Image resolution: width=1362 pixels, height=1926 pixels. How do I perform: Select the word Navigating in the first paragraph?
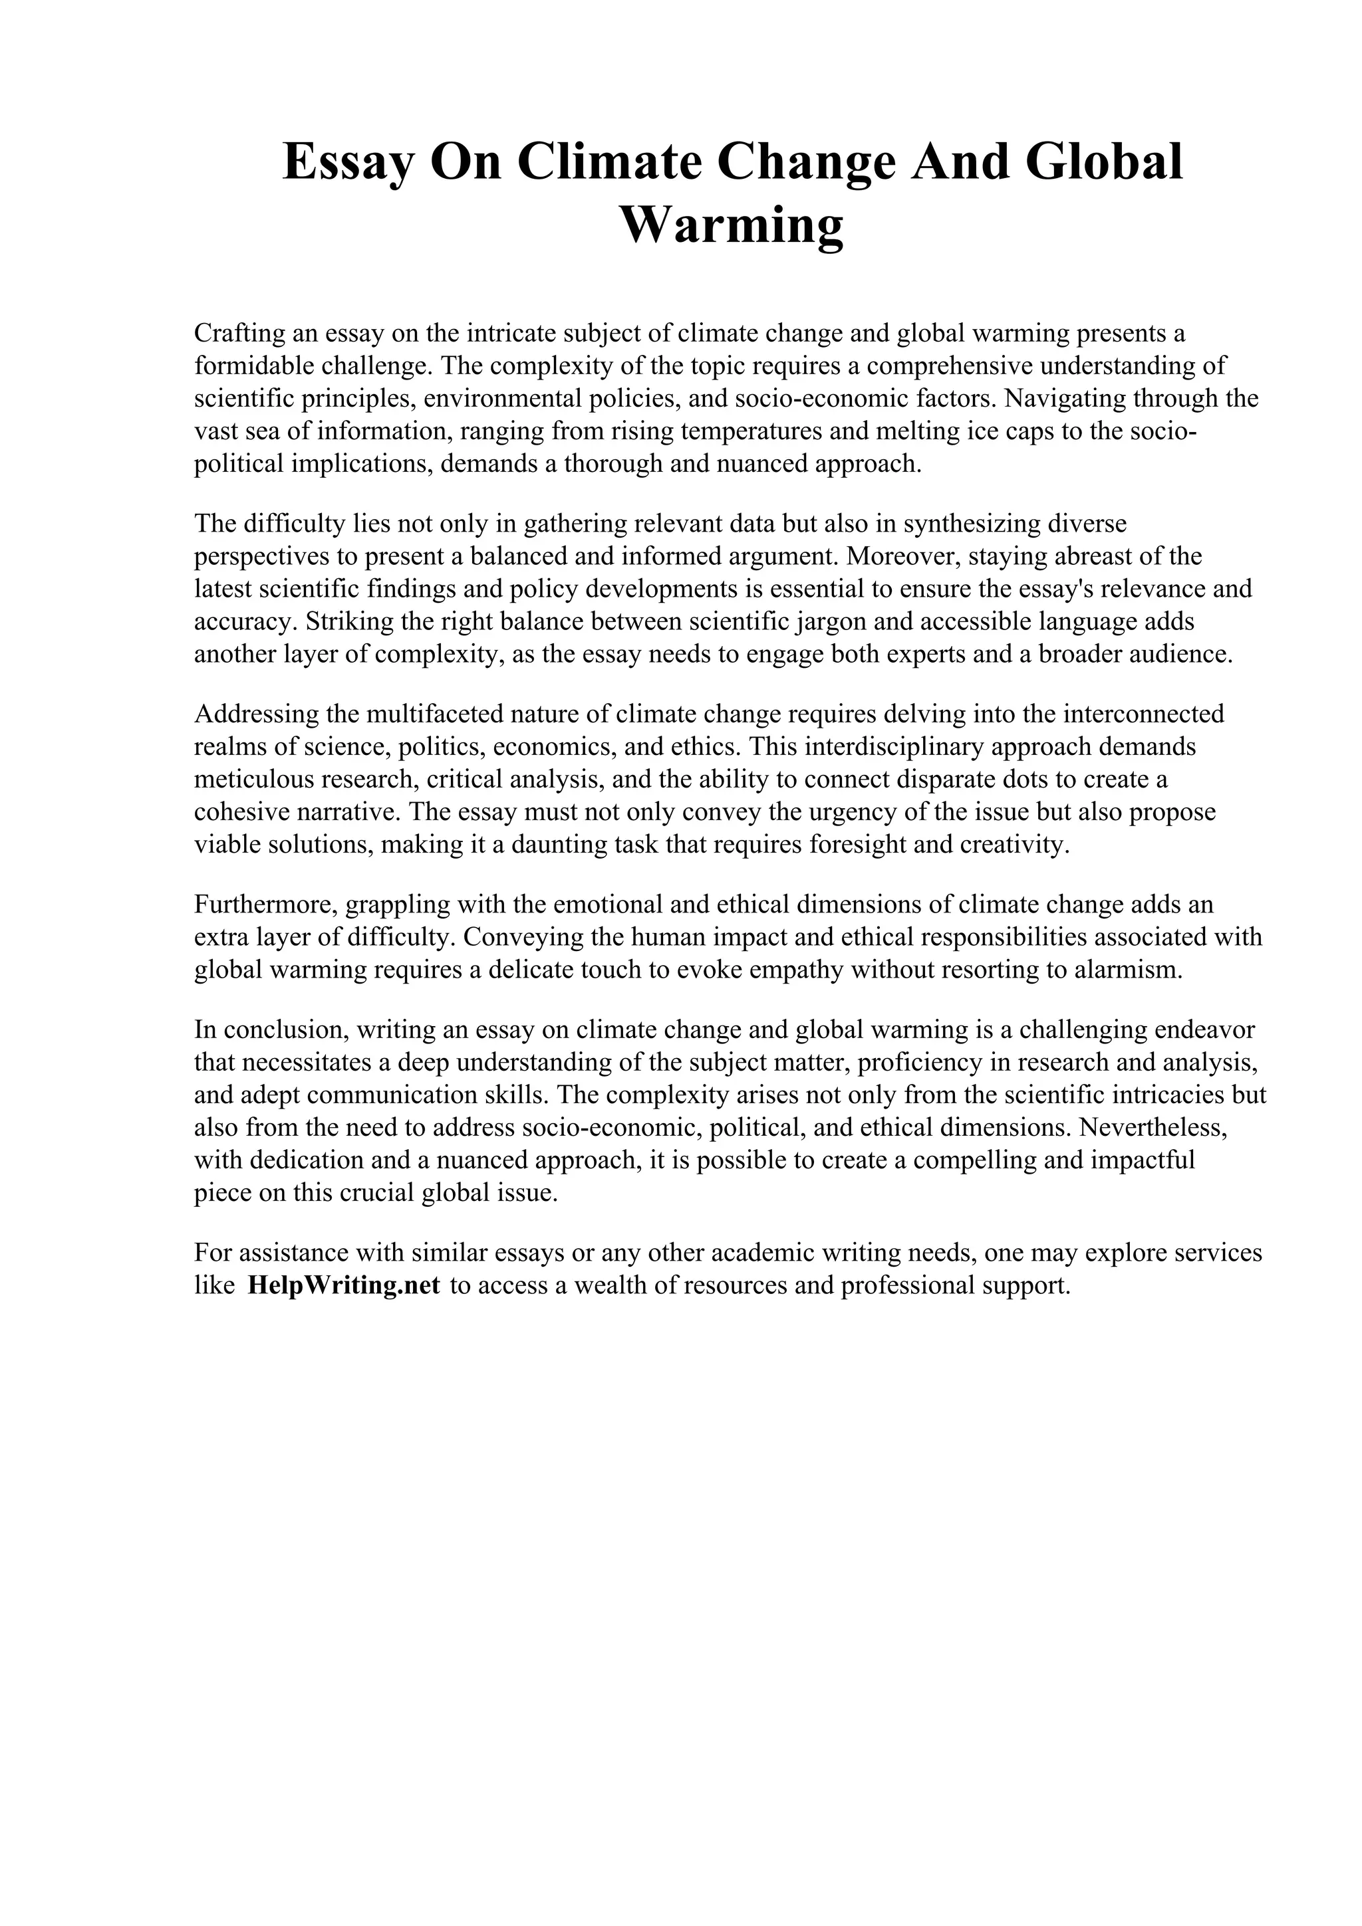(1064, 399)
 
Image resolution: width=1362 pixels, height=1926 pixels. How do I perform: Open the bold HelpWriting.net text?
(343, 1286)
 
